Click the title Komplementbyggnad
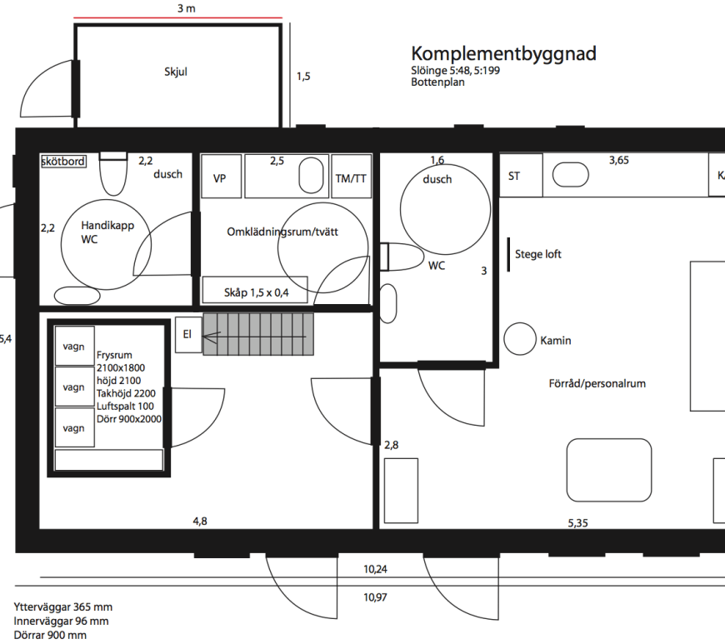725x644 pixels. pyautogui.click(x=503, y=54)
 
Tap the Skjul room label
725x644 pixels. pyautogui.click(x=176, y=72)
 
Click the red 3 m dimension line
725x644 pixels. pyautogui.click(x=178, y=18)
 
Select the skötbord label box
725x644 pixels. pyautogui.click(x=63, y=161)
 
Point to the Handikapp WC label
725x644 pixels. pyautogui.click(x=107, y=232)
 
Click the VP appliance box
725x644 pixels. pyautogui.click(x=222, y=176)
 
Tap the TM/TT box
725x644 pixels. pyautogui.click(x=352, y=176)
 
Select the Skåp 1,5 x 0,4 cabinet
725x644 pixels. pyautogui.click(x=255, y=290)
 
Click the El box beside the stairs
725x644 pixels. pyautogui.click(x=188, y=335)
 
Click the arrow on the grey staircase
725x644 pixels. pyautogui.click(x=255, y=337)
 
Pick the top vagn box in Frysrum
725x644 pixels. pyautogui.click(x=74, y=346)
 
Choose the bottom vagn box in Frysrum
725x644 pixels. pyautogui.click(x=74, y=427)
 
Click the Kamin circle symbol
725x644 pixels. pyautogui.click(x=520, y=339)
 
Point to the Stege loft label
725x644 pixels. pyautogui.click(x=538, y=254)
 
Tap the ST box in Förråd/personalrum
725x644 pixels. pyautogui.click(x=521, y=176)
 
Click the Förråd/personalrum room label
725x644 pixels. pyautogui.click(x=597, y=384)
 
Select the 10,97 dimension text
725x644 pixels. pyautogui.click(x=375, y=597)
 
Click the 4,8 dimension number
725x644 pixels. pyautogui.click(x=200, y=521)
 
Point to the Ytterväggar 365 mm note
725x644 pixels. pyautogui.click(x=62, y=607)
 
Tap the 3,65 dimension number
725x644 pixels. pyautogui.click(x=618, y=161)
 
